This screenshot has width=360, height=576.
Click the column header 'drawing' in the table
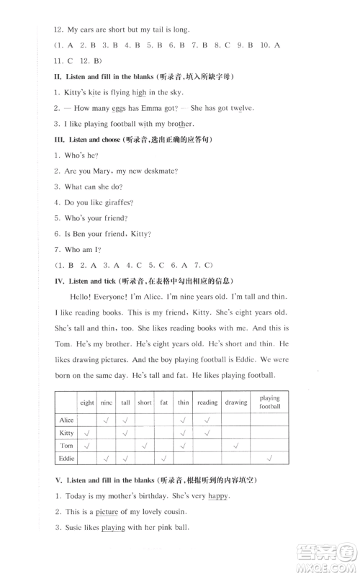point(235,402)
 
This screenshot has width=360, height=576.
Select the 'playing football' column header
point(270,402)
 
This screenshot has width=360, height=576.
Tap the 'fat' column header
point(164,402)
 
